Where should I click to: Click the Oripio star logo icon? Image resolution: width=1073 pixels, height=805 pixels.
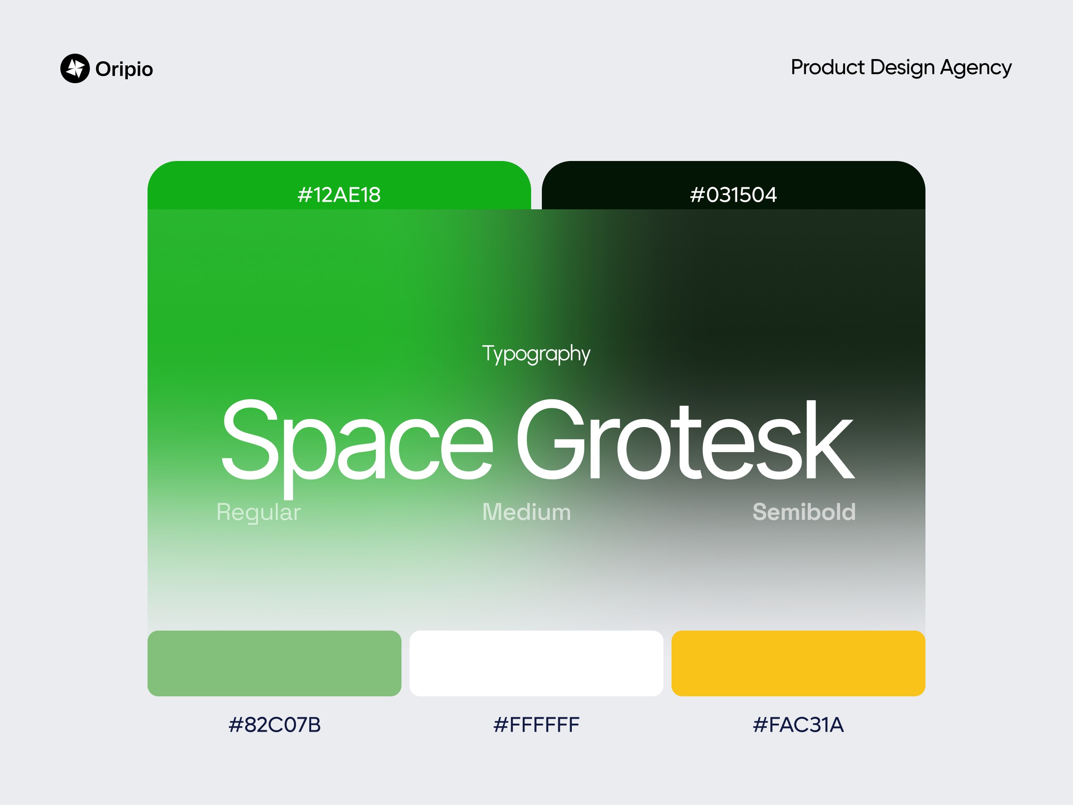pyautogui.click(x=75, y=68)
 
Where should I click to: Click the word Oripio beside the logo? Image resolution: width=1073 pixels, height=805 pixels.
pyautogui.click(x=124, y=69)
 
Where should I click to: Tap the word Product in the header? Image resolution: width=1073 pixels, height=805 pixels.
pyautogui.click(x=828, y=67)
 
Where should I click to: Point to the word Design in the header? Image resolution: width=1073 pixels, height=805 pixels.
pyautogui.click(x=902, y=68)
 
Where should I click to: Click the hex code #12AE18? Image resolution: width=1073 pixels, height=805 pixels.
pyautogui.click(x=339, y=195)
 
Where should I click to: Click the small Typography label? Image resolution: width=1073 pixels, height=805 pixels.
pyautogui.click(x=536, y=354)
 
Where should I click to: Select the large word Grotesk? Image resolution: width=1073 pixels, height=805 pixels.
pyautogui.click(x=685, y=440)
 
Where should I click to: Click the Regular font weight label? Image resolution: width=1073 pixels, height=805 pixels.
pyautogui.click(x=258, y=513)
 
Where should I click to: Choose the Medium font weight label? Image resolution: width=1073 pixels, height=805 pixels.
pyautogui.click(x=527, y=512)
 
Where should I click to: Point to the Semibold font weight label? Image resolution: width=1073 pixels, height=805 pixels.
pyautogui.click(x=804, y=512)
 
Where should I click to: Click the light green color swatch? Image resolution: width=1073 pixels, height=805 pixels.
pyautogui.click(x=275, y=663)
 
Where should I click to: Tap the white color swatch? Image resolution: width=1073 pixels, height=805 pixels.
pyautogui.click(x=536, y=663)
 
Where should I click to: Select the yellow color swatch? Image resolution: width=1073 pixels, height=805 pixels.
pyautogui.click(x=798, y=663)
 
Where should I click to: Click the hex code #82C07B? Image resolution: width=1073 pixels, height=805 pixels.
pyautogui.click(x=275, y=724)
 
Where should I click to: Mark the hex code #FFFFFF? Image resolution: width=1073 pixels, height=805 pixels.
pyautogui.click(x=536, y=724)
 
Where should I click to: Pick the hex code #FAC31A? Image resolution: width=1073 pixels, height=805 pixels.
pyautogui.click(x=798, y=724)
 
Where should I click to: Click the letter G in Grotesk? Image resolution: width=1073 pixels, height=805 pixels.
pyautogui.click(x=550, y=440)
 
